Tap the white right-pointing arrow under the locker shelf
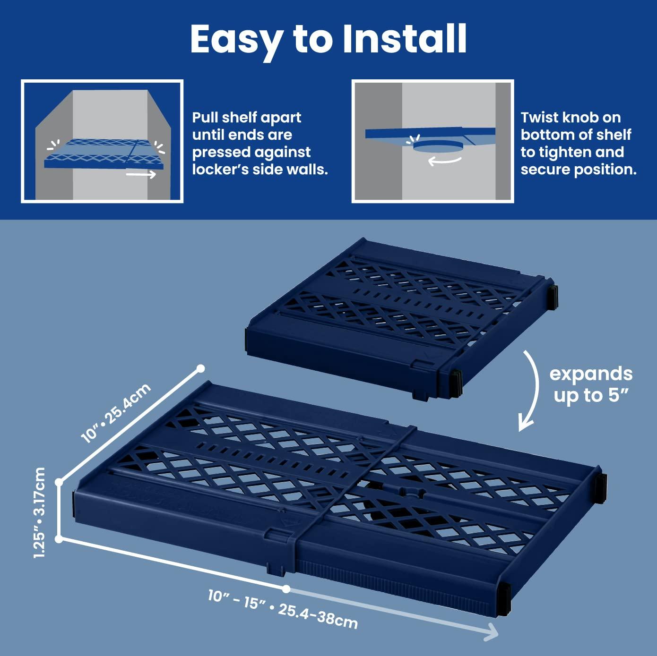141,174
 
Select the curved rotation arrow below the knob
444,161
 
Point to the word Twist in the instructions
540,117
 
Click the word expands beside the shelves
591,374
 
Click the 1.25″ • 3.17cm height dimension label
40,512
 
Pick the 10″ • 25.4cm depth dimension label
116,413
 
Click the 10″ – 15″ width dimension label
236,598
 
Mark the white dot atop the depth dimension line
200,368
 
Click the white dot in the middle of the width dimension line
286,588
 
